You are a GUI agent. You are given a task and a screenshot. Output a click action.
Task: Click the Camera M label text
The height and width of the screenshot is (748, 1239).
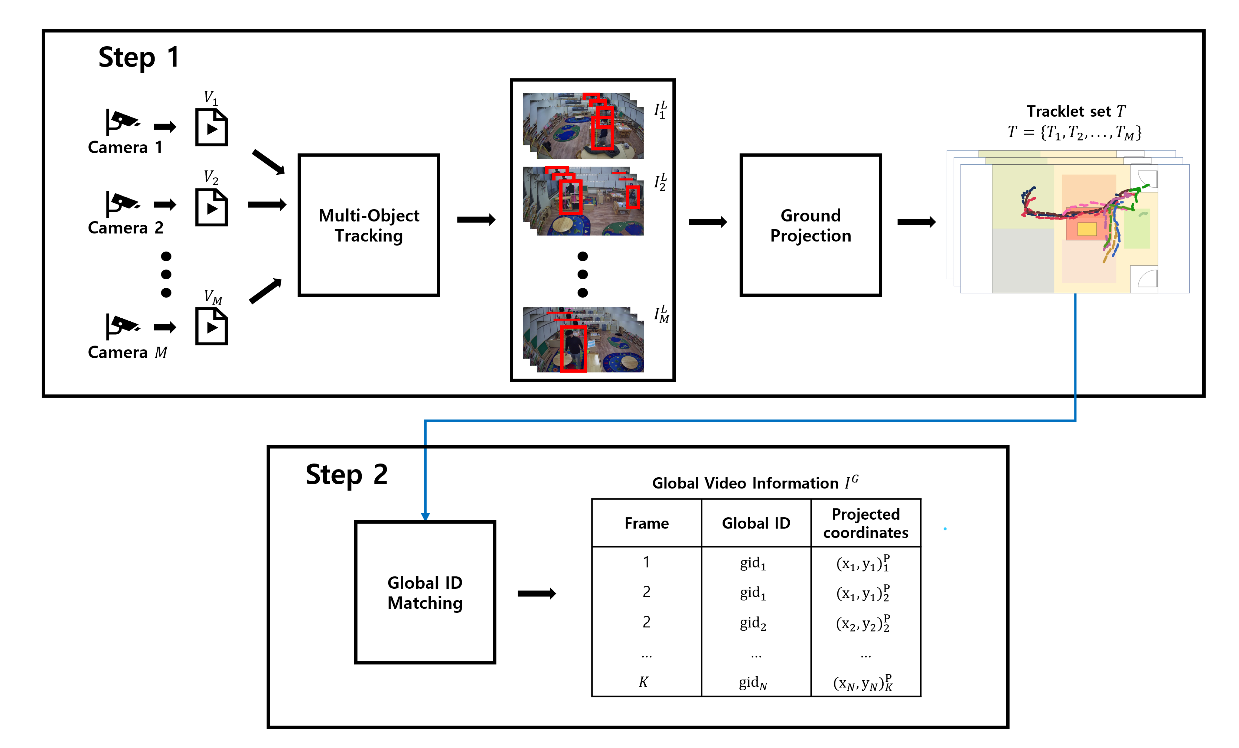tap(127, 352)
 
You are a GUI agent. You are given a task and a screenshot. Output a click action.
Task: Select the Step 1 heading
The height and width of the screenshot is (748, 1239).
tap(139, 57)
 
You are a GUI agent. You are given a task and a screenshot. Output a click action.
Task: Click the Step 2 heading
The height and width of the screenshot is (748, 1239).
tap(346, 475)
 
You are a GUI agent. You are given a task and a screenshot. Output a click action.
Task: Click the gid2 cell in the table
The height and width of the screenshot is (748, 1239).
tap(753, 623)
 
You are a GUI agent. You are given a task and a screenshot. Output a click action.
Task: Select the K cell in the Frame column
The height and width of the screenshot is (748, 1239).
tap(644, 682)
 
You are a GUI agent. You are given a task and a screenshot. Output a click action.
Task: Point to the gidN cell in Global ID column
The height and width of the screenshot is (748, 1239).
tap(753, 683)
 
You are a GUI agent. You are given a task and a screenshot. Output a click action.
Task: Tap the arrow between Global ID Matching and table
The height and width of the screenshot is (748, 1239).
tap(537, 594)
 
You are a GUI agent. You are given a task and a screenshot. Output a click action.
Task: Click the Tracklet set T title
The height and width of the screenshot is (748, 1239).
tap(1076, 111)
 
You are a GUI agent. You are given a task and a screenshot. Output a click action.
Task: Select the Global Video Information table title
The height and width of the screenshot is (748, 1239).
tap(755, 483)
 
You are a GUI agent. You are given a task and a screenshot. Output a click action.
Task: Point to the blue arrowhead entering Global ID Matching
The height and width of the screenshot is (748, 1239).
tap(425, 517)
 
